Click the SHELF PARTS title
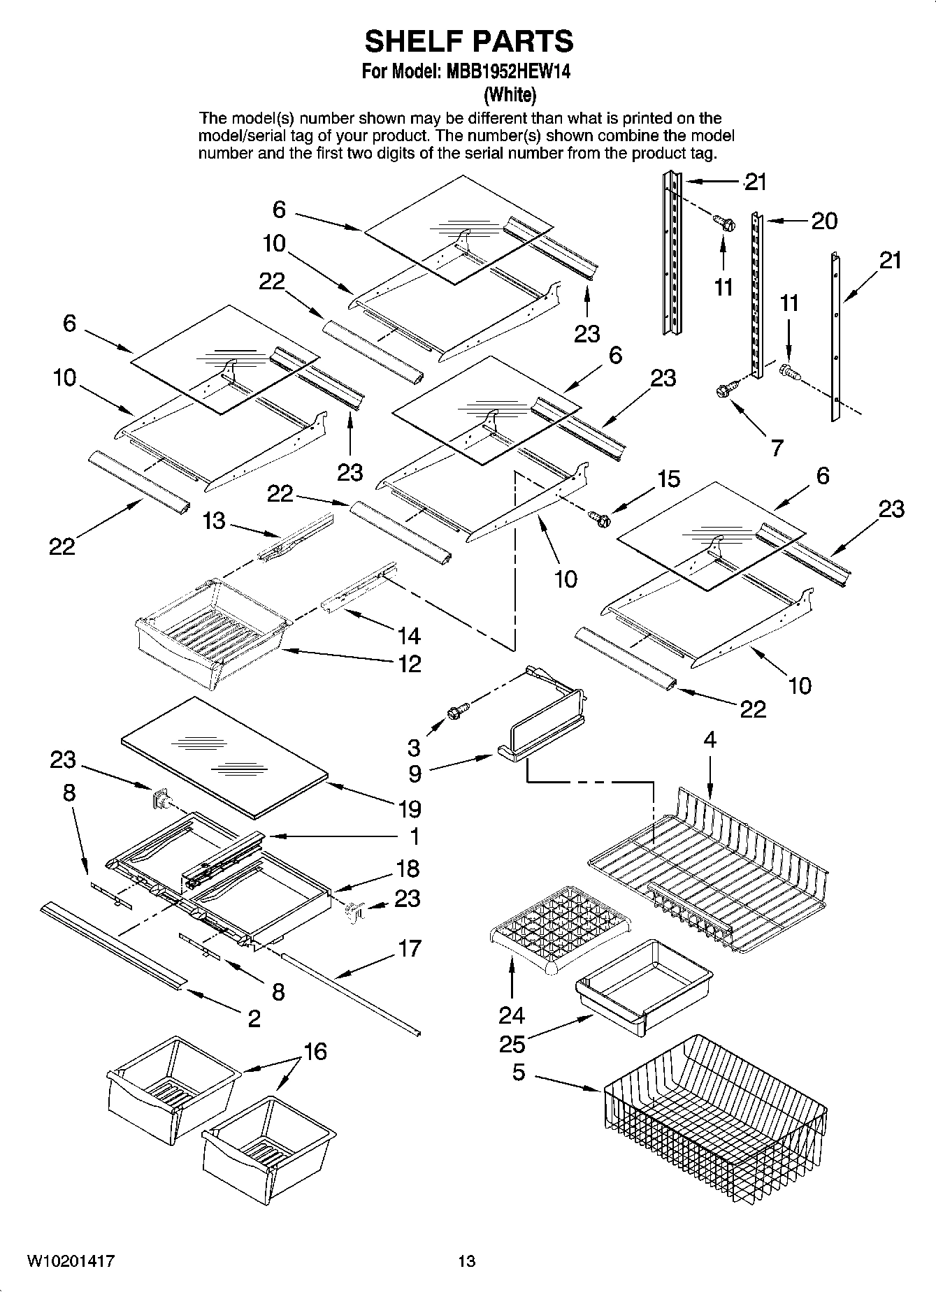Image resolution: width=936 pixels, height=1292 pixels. click(468, 42)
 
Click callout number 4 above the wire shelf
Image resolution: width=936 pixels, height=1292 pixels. click(710, 740)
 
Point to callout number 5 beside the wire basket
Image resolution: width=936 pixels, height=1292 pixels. click(518, 1072)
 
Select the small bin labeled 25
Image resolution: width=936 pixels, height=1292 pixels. click(643, 982)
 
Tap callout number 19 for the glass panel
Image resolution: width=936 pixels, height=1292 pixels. click(410, 808)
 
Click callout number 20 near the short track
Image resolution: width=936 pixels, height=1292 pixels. click(823, 221)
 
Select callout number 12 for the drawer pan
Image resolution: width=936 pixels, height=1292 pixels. click(410, 663)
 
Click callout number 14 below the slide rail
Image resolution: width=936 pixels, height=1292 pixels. click(409, 635)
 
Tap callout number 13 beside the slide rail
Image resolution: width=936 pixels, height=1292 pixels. click(214, 521)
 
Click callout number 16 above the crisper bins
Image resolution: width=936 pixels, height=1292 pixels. click(315, 1051)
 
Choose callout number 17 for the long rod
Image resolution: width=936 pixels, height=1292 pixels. click(410, 948)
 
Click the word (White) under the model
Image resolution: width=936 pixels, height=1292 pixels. click(510, 94)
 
